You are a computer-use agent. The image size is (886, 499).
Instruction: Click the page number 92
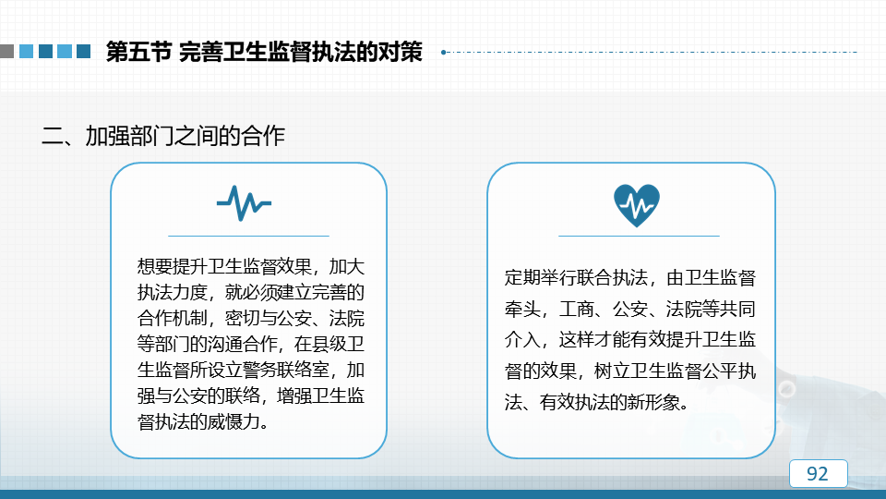[817, 473]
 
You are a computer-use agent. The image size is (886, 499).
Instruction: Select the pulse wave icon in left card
[244, 202]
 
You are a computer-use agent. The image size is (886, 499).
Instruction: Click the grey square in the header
[6, 52]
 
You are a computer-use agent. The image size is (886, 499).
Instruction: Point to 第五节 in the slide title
[138, 52]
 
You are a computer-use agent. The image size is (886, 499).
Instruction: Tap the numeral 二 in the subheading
[53, 137]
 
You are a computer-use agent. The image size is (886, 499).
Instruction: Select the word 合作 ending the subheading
[263, 137]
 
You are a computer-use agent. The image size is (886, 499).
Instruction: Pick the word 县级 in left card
[329, 344]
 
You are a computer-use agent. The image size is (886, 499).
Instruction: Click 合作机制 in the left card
[172, 318]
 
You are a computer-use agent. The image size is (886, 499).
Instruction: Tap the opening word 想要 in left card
[155, 266]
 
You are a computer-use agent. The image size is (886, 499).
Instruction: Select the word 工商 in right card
[576, 309]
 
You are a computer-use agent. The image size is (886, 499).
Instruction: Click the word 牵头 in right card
[522, 309]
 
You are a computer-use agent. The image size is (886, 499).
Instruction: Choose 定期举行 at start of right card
[540, 278]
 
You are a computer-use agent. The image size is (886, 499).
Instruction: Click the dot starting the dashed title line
[444, 52]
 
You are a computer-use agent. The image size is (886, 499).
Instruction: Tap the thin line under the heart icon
[639, 236]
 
